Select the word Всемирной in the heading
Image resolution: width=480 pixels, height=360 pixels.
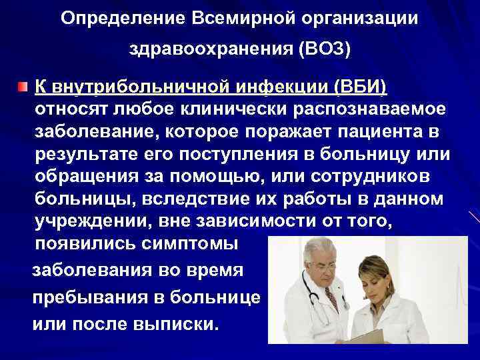tap(215, 18)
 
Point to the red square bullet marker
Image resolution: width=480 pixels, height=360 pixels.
tap(23, 87)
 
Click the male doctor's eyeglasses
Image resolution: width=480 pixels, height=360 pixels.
tap(321, 267)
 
